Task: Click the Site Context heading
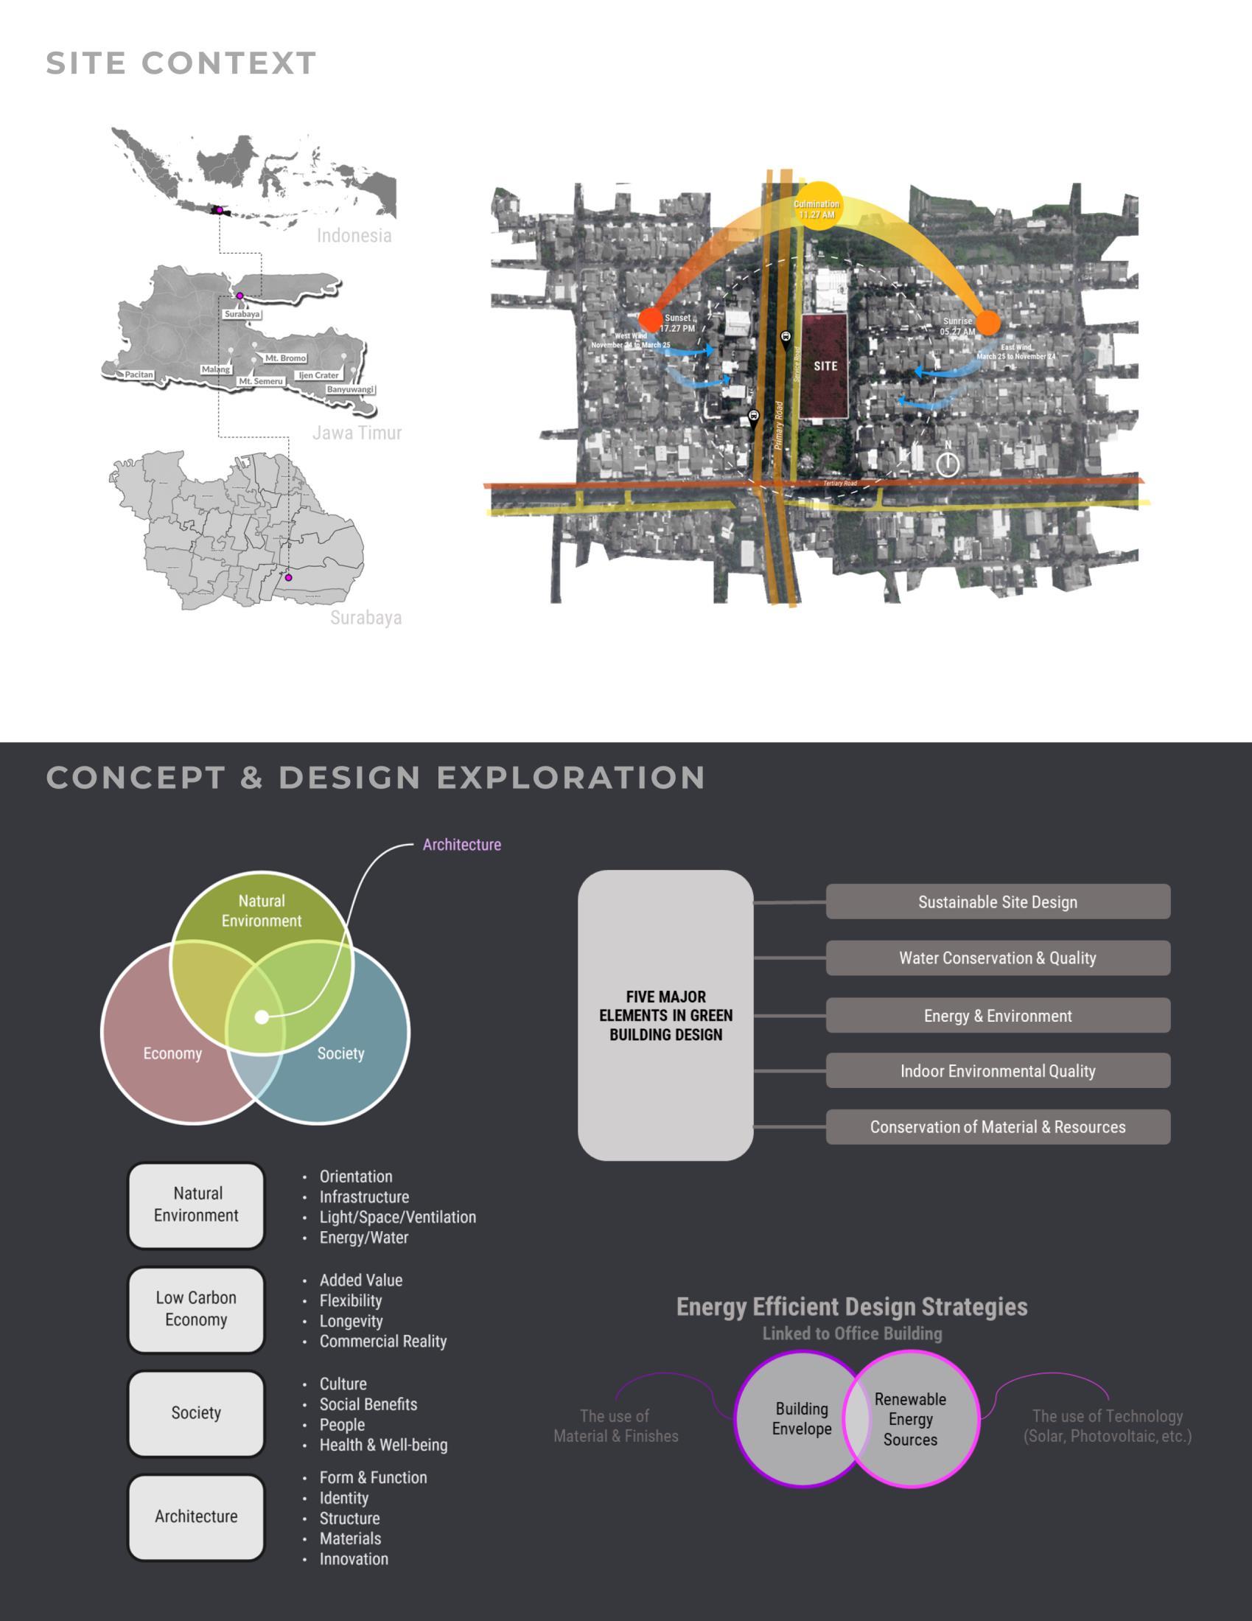click(x=181, y=63)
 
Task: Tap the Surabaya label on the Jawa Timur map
click(x=242, y=314)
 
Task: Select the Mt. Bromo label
click(x=286, y=358)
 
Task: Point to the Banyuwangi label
click(x=350, y=390)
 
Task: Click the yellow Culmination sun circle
click(x=817, y=206)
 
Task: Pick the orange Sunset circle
click(x=651, y=320)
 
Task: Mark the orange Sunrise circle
click(x=987, y=323)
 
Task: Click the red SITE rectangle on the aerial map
click(x=825, y=366)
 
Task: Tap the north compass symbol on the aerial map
click(x=947, y=463)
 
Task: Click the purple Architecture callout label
click(x=461, y=845)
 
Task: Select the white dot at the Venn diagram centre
click(x=262, y=1017)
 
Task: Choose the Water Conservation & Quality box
click(x=998, y=958)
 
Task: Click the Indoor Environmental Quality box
click(x=998, y=1071)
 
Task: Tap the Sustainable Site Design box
click(x=998, y=902)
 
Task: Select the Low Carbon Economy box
click(x=196, y=1308)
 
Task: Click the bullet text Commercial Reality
click(x=383, y=1341)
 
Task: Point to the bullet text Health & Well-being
click(x=383, y=1445)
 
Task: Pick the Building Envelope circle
click(x=794, y=1418)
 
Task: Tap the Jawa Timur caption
click(x=357, y=433)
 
